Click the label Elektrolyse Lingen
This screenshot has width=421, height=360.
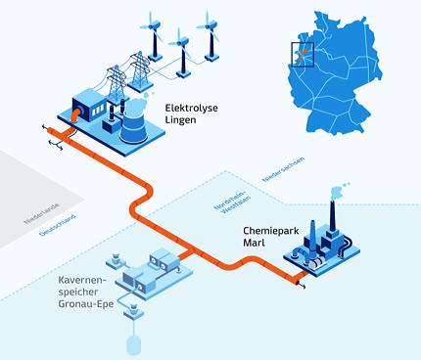click(x=191, y=113)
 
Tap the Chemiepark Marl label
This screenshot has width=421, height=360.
click(x=271, y=237)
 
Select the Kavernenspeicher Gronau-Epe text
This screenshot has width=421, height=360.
click(x=86, y=292)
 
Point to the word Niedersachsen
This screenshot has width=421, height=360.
click(x=284, y=169)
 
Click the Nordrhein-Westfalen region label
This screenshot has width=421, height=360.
click(x=233, y=204)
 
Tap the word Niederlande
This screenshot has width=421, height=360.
click(x=41, y=214)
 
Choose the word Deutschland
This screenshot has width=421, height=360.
click(x=58, y=225)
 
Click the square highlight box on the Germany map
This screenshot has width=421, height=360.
click(x=303, y=55)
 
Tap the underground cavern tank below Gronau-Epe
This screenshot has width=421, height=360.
click(x=134, y=345)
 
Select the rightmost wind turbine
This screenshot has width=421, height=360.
click(x=210, y=36)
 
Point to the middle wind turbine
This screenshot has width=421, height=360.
click(x=182, y=53)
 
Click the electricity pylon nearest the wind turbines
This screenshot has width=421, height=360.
click(x=140, y=70)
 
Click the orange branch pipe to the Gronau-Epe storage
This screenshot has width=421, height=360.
click(x=186, y=255)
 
